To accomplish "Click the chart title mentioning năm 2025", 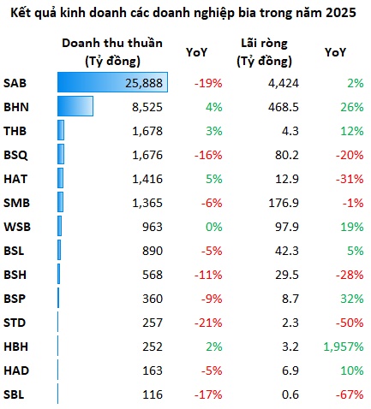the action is [x=183, y=13].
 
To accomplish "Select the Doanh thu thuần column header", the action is [x=112, y=52].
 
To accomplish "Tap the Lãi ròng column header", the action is [x=264, y=52].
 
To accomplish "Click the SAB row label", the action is [x=15, y=83].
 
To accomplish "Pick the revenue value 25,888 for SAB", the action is [x=144, y=83].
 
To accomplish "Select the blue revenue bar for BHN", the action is [x=75, y=106].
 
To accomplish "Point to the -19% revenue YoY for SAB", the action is [x=208, y=83].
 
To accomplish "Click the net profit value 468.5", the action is [x=284, y=107].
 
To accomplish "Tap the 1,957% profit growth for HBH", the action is [x=344, y=347].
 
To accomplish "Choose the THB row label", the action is [x=15, y=131].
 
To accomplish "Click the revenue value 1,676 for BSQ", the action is [x=147, y=155].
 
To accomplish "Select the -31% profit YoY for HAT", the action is [x=350, y=179].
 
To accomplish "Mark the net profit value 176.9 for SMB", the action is [x=284, y=203].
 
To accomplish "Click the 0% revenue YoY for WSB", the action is [x=214, y=227].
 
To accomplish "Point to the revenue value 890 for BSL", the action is [x=153, y=251].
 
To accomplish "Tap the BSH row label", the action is [x=15, y=275].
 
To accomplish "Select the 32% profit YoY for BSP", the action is [x=352, y=299].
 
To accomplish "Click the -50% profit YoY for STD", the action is [x=350, y=323].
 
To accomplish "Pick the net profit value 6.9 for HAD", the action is [x=290, y=370].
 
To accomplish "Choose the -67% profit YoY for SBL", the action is [x=350, y=394].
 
